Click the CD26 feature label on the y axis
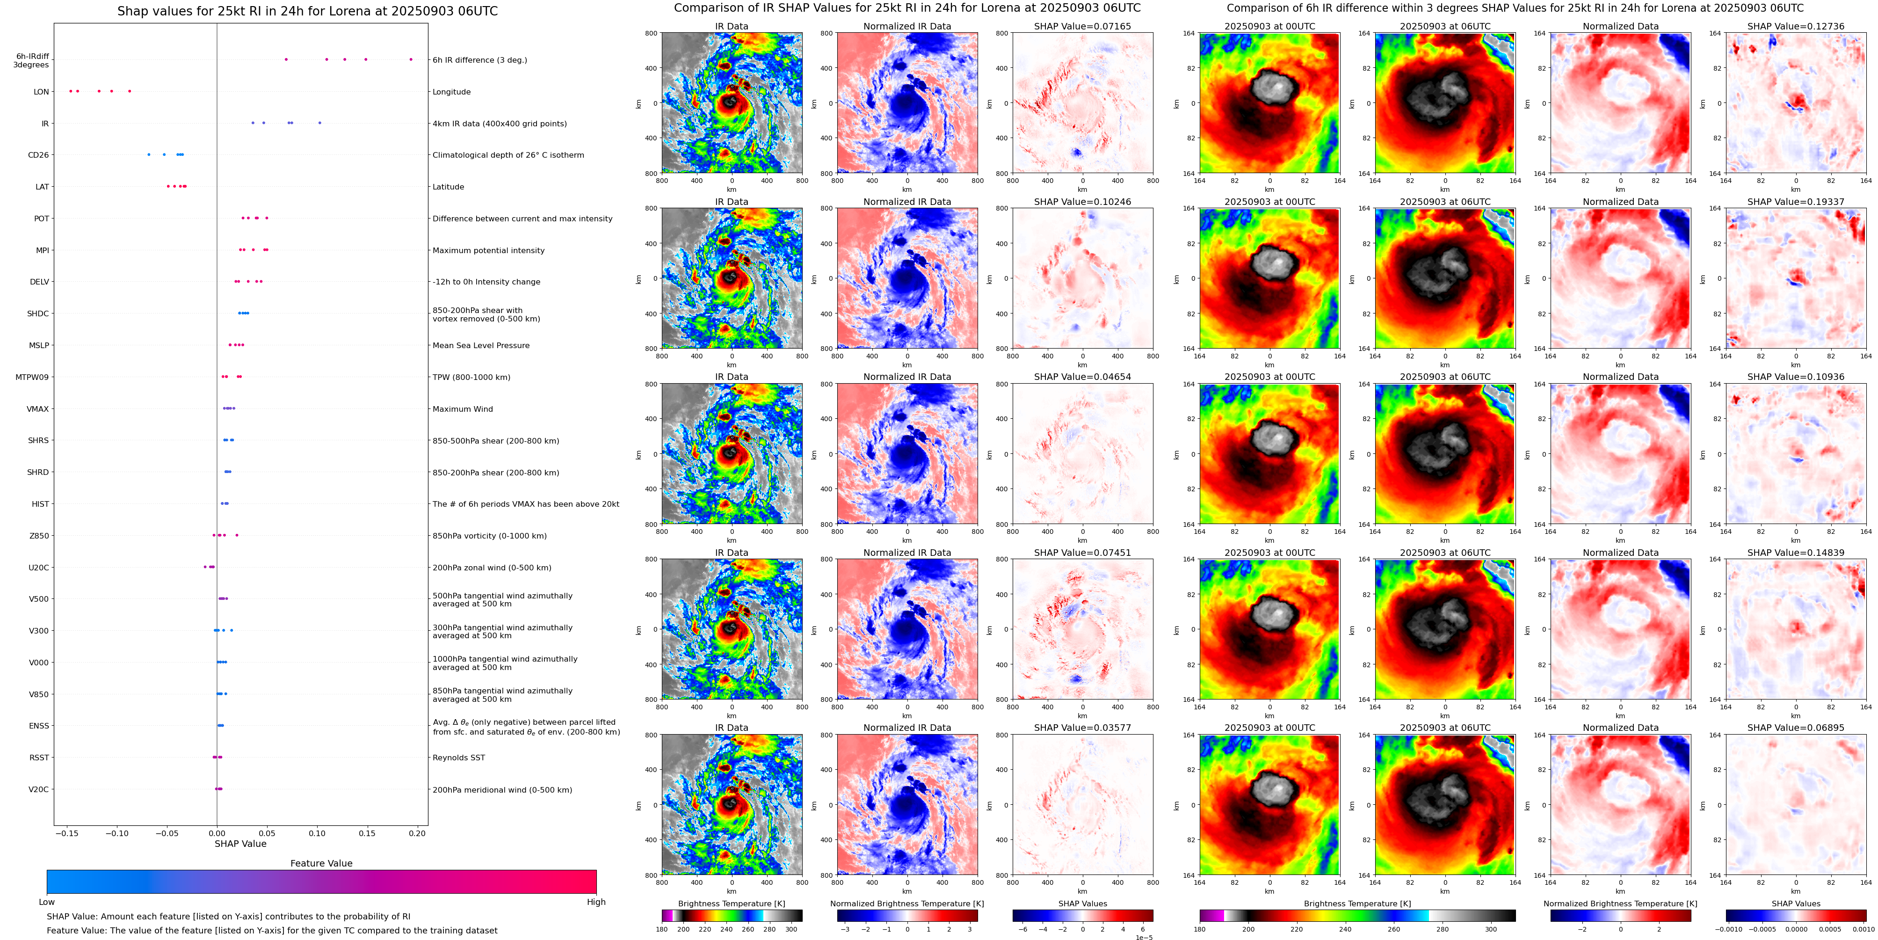[38, 155]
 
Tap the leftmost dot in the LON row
[70, 91]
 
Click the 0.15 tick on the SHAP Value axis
[367, 833]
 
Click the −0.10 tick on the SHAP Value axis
[116, 833]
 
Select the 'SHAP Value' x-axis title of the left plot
[240, 844]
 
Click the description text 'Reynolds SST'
[458, 758]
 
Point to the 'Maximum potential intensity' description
[488, 250]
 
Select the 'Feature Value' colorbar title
[321, 863]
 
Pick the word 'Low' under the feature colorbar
[47, 902]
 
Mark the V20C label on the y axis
[39, 789]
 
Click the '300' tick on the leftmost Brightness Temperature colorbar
[790, 929]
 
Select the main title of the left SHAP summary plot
[307, 11]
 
